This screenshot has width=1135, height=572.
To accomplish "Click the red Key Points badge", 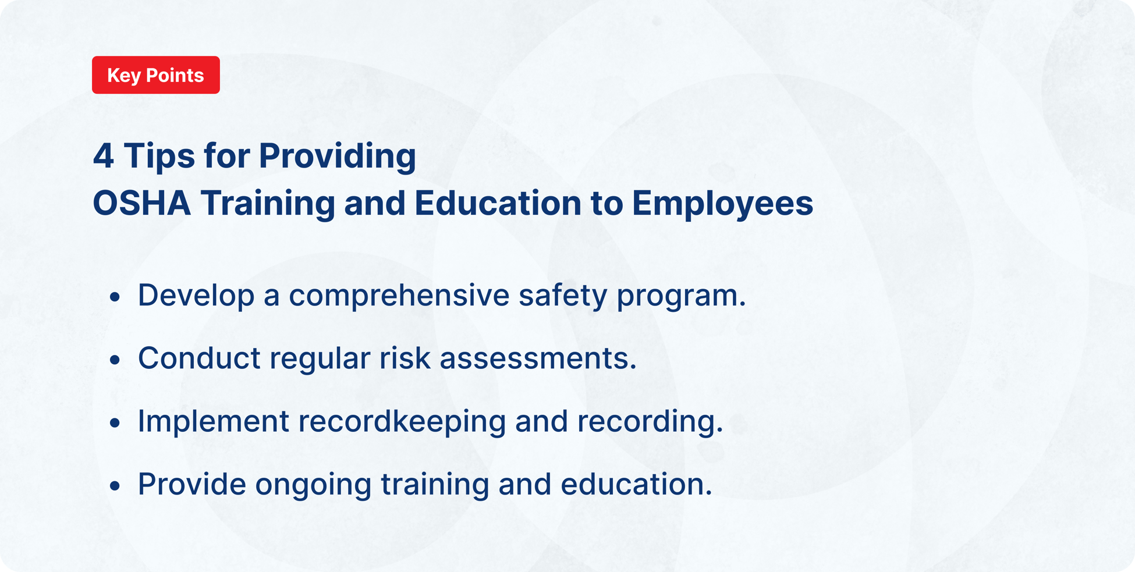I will (x=155, y=75).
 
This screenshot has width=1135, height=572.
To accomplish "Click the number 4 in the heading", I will (x=103, y=156).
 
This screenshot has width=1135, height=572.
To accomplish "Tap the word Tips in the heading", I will (x=159, y=156).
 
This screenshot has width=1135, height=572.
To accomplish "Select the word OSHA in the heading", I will (x=141, y=203).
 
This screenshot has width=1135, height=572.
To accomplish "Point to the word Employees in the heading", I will (x=722, y=204).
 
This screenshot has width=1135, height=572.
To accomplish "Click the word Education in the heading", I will (x=498, y=203).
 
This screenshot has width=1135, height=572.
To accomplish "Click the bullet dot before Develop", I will (x=115, y=297).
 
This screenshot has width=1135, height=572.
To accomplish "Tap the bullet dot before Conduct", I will (x=115, y=360).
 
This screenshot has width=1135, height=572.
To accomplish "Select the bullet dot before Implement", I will (x=115, y=422).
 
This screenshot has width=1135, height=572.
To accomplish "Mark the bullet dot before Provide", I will (x=115, y=485).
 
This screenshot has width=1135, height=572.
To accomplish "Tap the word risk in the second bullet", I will (x=405, y=358).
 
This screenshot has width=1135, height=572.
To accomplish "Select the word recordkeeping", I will (x=402, y=422).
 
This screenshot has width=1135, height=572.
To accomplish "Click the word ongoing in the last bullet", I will (x=313, y=485).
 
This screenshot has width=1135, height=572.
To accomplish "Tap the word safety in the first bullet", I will (x=563, y=296).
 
